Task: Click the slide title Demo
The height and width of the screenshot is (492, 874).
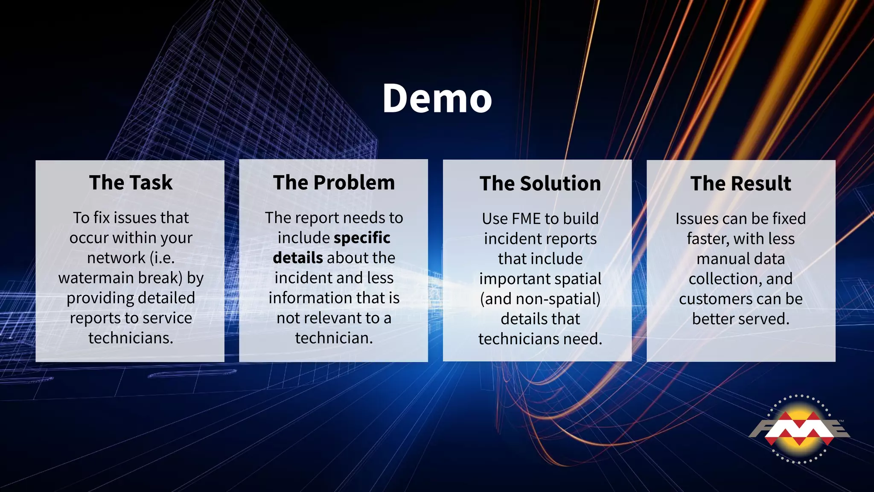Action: coord(437,99)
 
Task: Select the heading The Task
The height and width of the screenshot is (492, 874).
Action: coord(131,183)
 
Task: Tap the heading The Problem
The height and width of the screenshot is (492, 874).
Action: coord(334,183)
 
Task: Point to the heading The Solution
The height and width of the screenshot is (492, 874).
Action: coord(540,184)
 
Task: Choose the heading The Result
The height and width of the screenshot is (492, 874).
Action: coord(741,184)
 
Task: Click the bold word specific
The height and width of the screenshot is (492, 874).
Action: coord(362,238)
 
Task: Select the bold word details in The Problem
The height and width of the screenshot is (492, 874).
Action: coord(298,258)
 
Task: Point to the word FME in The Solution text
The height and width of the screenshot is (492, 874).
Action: coord(526,219)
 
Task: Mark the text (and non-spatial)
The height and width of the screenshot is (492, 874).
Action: coord(540,299)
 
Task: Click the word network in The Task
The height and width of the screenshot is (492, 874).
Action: coord(116,258)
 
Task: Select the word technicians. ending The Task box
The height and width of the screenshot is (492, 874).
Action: coord(131,338)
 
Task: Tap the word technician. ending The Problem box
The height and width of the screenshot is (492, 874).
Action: coord(334,338)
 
